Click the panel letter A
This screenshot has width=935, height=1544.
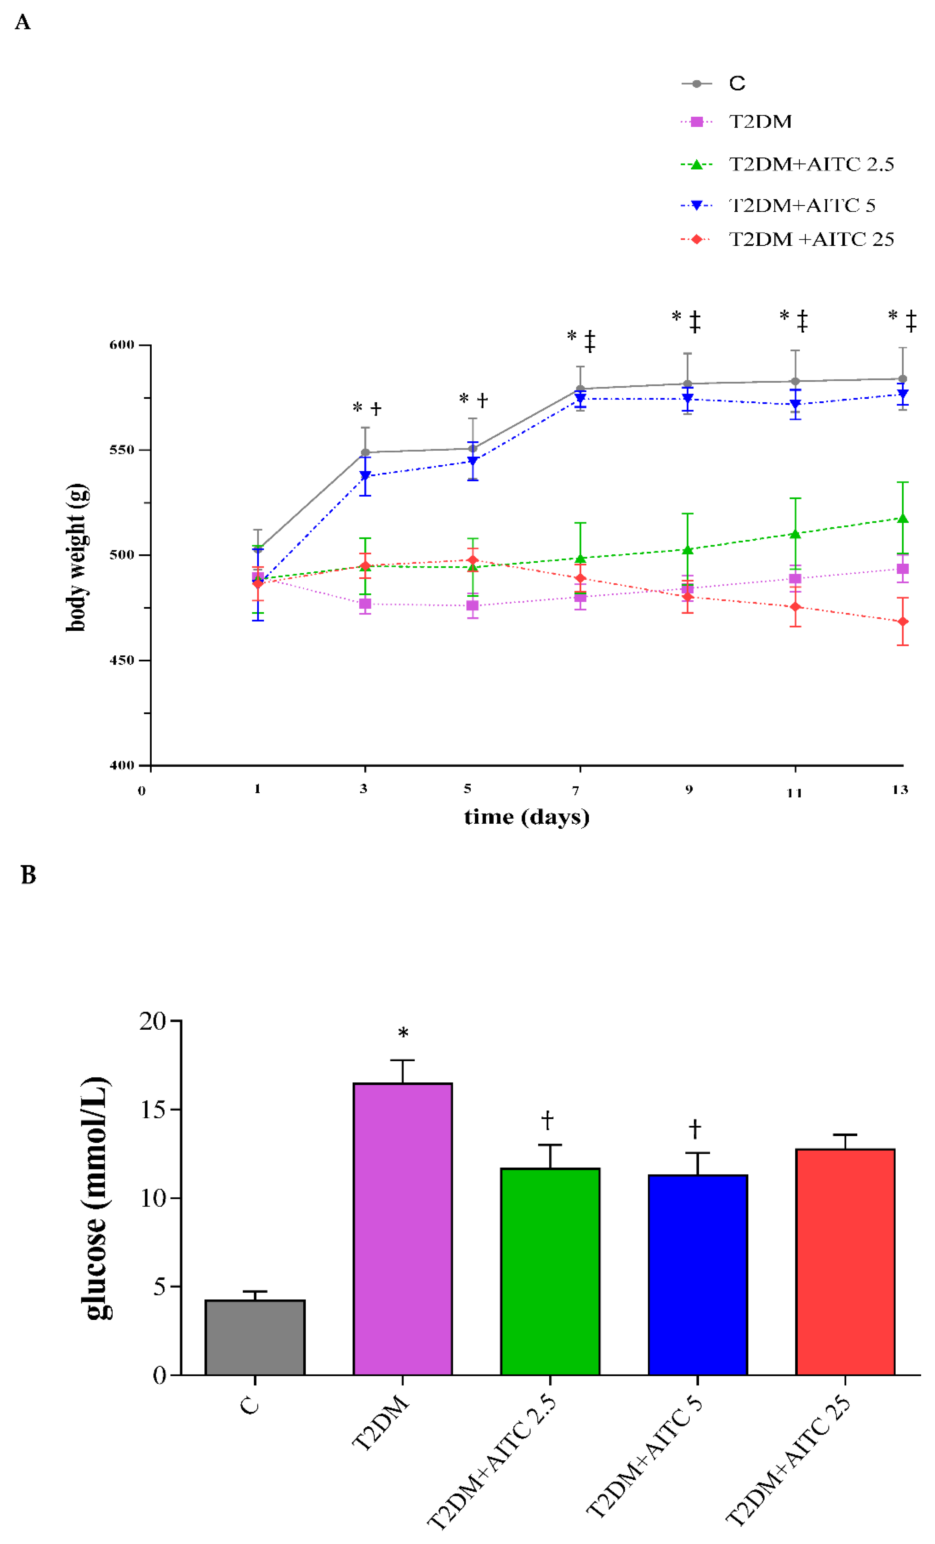pyautogui.click(x=22, y=22)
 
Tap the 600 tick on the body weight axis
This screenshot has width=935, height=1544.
pyautogui.click(x=122, y=345)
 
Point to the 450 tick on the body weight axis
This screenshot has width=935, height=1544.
pyautogui.click(x=122, y=660)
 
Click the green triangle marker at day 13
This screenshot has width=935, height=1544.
pyautogui.click(x=903, y=518)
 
